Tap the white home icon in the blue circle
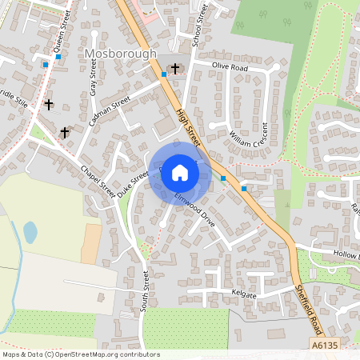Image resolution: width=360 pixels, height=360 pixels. point(180,172)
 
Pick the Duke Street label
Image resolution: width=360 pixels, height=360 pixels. point(133,183)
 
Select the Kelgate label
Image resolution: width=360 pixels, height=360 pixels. point(243,294)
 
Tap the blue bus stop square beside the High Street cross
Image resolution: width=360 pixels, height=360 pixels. point(164,74)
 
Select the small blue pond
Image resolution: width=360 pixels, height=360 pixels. point(30,233)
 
